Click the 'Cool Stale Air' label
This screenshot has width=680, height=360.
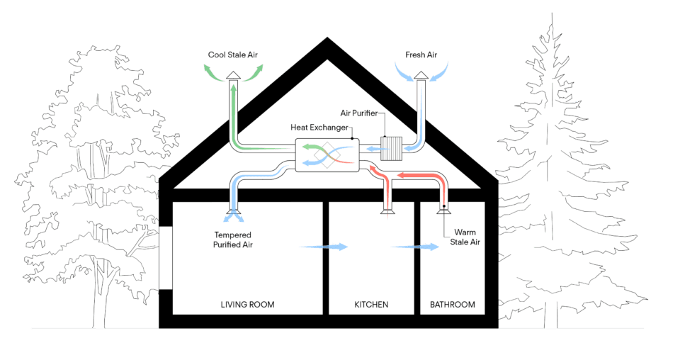[x=234, y=54]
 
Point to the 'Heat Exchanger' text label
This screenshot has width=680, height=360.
[x=319, y=128]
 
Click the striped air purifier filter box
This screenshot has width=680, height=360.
[x=392, y=149]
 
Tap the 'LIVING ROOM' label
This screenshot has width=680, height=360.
[x=247, y=305]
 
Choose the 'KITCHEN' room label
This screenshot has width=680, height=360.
[x=371, y=305]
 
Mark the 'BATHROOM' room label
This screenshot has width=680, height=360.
[x=453, y=305]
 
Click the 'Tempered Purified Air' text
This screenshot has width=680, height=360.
[x=233, y=240]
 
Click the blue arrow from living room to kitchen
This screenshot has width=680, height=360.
[x=324, y=247]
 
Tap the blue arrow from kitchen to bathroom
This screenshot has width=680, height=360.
[x=414, y=247]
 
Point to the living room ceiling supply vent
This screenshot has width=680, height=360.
[x=232, y=208]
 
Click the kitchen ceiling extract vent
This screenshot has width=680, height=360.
[x=388, y=208]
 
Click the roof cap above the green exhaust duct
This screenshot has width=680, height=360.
[x=233, y=75]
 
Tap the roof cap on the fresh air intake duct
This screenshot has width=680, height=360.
[x=421, y=75]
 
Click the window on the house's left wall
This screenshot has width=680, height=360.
[x=165, y=258]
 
